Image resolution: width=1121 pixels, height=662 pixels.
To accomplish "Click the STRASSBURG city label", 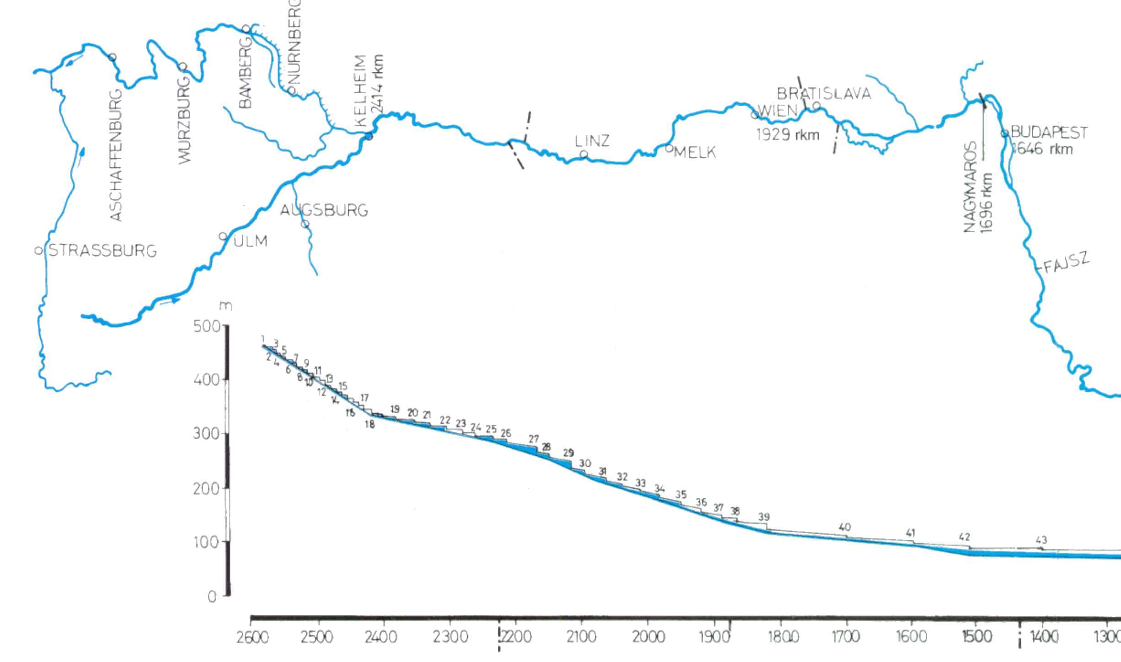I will pyautogui.click(x=102, y=251).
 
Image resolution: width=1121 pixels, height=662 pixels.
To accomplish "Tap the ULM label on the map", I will pyautogui.click(x=251, y=241).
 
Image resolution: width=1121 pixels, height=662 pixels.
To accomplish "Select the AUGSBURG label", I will pyautogui.click(x=324, y=210).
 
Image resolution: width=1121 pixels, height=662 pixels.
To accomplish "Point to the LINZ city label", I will pyautogui.click(x=592, y=141).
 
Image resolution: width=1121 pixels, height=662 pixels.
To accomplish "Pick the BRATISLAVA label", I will pyautogui.click(x=824, y=94).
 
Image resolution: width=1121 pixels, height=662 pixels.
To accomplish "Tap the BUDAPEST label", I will pyautogui.click(x=1049, y=133).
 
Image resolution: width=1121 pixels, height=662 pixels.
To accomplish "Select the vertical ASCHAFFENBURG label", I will pyautogui.click(x=117, y=155).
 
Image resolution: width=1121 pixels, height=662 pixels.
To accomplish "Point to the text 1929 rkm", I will pyautogui.click(x=788, y=135).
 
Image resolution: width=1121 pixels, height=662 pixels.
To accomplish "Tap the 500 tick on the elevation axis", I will pyautogui.click(x=207, y=326).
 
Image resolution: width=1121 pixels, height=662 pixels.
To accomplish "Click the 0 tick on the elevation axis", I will pyautogui.click(x=212, y=597).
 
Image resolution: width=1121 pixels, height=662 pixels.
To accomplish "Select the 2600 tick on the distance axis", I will pyautogui.click(x=251, y=637).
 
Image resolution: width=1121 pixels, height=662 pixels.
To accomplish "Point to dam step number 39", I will pyautogui.click(x=764, y=517).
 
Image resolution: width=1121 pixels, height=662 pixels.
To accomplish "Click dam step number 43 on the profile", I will pyautogui.click(x=1041, y=540).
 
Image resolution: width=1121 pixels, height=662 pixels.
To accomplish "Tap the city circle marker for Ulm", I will pyautogui.click(x=223, y=236).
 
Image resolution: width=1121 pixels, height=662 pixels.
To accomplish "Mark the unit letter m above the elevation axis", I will pyautogui.click(x=225, y=306).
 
